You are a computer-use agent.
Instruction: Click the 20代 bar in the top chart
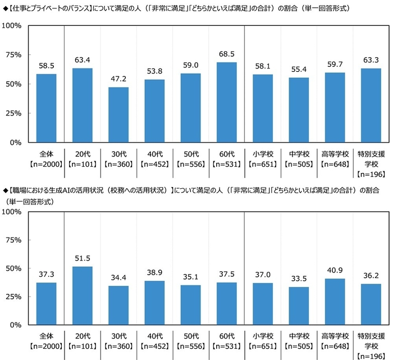point(82,105)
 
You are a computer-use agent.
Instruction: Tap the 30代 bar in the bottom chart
point(118,306)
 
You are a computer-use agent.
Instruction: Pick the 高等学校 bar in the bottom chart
point(335,302)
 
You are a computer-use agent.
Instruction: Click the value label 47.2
point(118,79)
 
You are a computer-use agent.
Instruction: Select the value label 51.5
point(82,258)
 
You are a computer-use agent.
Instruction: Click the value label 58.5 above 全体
point(46,66)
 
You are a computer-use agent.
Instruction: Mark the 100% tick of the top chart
point(13,26)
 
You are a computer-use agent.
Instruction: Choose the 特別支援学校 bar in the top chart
point(371,105)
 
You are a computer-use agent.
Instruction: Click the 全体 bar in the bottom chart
point(46,304)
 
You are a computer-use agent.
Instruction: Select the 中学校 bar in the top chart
point(299,110)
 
